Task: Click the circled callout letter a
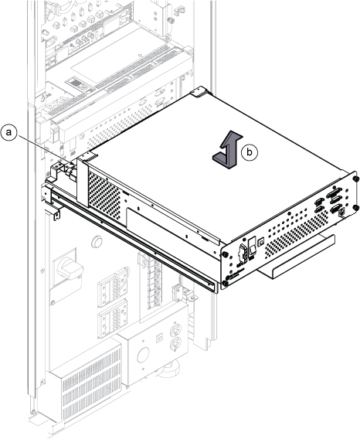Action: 9,132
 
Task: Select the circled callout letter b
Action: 250,152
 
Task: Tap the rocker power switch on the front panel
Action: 253,247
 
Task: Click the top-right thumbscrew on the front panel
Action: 355,179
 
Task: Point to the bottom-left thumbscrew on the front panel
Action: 226,283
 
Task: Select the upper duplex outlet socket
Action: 175,329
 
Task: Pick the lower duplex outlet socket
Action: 175,344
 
